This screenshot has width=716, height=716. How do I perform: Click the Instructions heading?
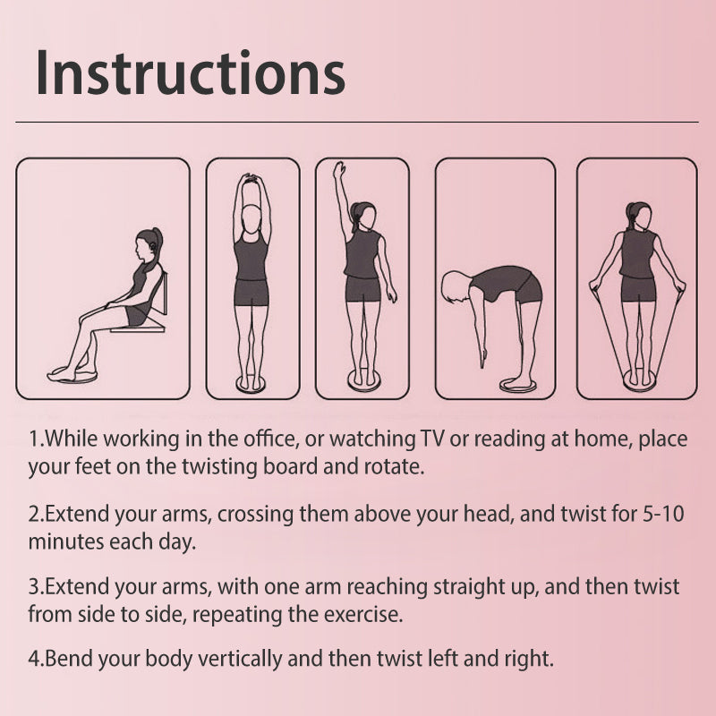point(191,73)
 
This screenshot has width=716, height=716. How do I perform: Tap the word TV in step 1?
point(431,439)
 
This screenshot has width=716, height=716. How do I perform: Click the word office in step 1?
point(270,439)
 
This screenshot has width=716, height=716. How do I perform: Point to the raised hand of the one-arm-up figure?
point(338,169)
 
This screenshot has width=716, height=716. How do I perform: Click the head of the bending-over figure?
point(455,286)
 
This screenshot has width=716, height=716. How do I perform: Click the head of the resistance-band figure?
point(638,216)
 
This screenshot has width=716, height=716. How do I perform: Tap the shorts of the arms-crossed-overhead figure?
point(251,293)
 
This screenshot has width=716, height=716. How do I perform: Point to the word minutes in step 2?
point(65,542)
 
